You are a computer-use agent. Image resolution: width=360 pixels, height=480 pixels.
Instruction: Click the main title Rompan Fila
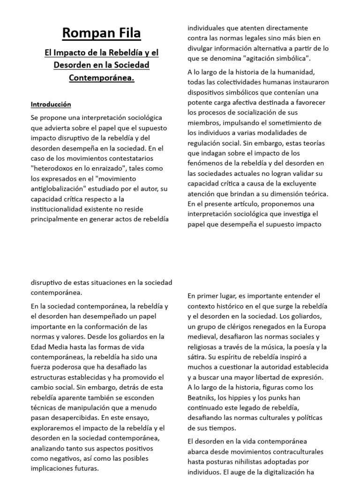click(x=101, y=33)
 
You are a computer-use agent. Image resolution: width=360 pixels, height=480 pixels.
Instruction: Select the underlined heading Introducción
click(x=51, y=104)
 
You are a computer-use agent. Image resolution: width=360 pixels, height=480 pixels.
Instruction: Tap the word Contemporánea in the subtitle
click(x=101, y=77)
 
